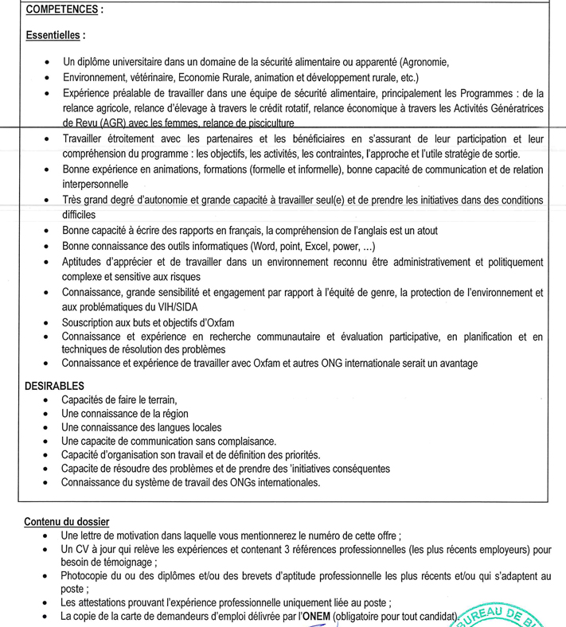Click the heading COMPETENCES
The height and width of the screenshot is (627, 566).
pyautogui.click(x=63, y=10)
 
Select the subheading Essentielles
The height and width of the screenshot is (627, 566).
pyautogui.click(x=53, y=36)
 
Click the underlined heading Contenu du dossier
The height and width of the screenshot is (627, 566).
pyautogui.click(x=66, y=521)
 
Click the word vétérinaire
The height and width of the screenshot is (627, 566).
pyautogui.click(x=148, y=77)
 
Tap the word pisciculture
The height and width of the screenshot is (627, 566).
pyautogui.click(x=265, y=123)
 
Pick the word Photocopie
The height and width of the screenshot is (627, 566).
pyautogui.click(x=89, y=576)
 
